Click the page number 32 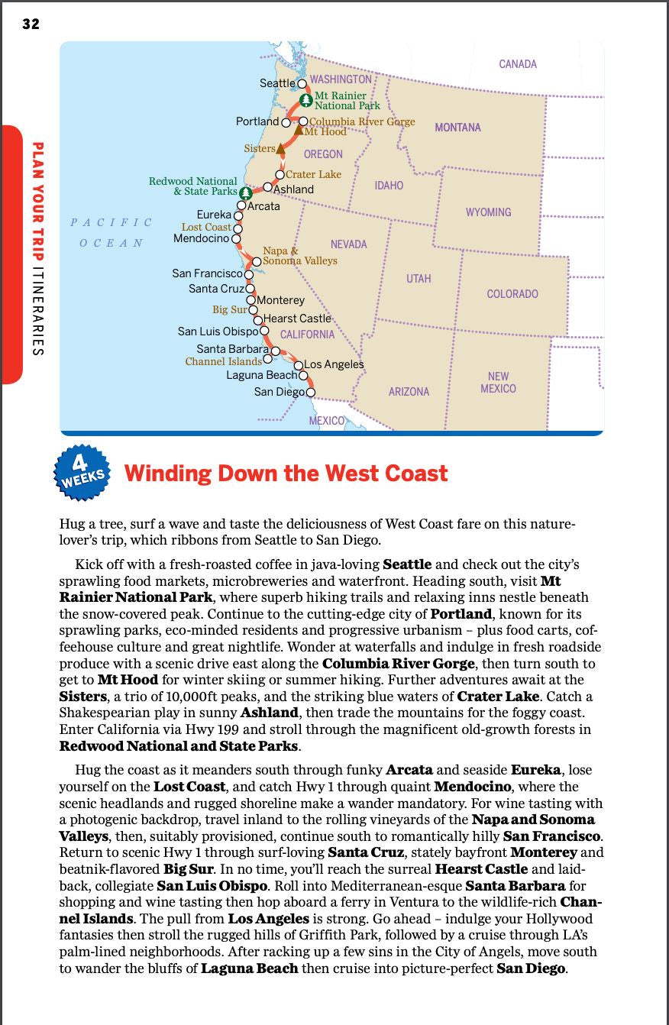coord(31,24)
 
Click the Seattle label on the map coord(277,82)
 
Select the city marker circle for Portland coord(286,122)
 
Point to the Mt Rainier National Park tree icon coord(305,100)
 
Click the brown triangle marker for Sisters coord(280,148)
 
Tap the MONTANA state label coord(457,128)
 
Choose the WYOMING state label coord(488,212)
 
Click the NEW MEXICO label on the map coord(498,383)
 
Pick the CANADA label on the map coord(518,64)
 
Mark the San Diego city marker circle coord(310,393)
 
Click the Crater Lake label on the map coord(313,174)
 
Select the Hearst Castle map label coord(297,318)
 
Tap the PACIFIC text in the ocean coord(111,222)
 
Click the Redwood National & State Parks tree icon coord(245,192)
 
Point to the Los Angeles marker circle coord(299,365)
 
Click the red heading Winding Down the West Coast coord(286,474)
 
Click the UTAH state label coord(419,279)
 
